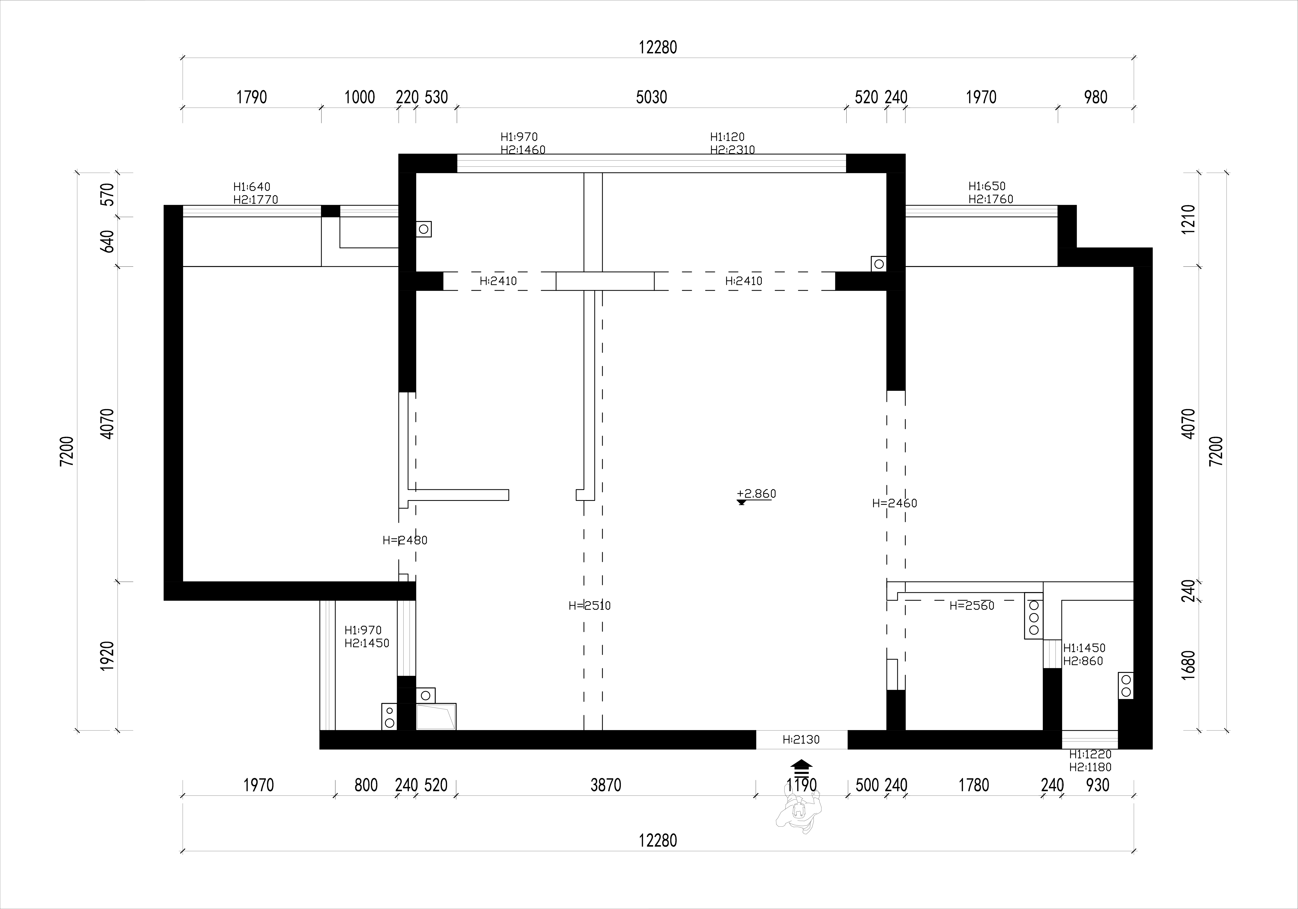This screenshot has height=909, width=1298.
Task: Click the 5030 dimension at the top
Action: (651, 97)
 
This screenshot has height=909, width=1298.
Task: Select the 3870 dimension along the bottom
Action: (605, 785)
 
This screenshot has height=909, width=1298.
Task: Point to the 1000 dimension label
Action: (359, 97)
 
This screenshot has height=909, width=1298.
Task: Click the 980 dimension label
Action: (1096, 97)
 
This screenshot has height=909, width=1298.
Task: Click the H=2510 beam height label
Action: (590, 605)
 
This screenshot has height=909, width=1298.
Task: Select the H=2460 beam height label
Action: (894, 503)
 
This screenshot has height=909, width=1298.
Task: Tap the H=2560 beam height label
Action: (972, 605)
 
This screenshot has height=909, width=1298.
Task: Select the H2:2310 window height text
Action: (733, 150)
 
